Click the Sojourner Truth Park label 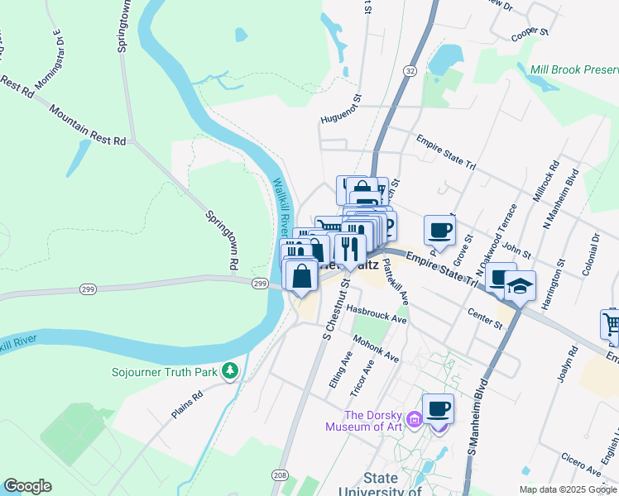[165, 372]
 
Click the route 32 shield [410, 72]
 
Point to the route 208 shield [281, 476]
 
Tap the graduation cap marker [520, 286]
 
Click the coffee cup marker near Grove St [439, 230]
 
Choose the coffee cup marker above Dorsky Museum [438, 408]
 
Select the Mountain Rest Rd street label [87, 126]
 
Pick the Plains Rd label [187, 406]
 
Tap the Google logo [27, 486]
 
